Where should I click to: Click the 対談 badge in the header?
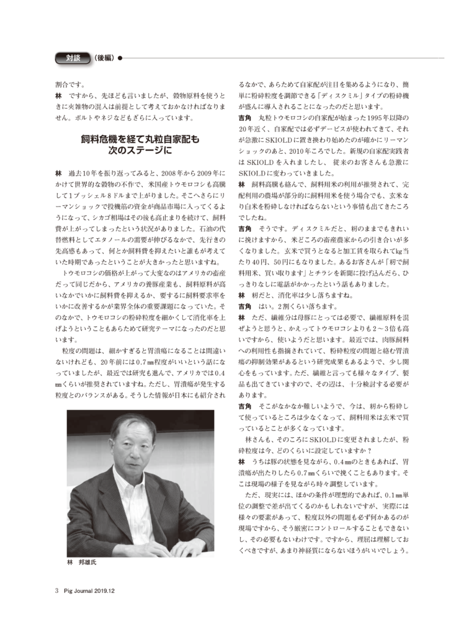tap(74, 58)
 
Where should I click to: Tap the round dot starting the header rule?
tap(118, 58)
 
